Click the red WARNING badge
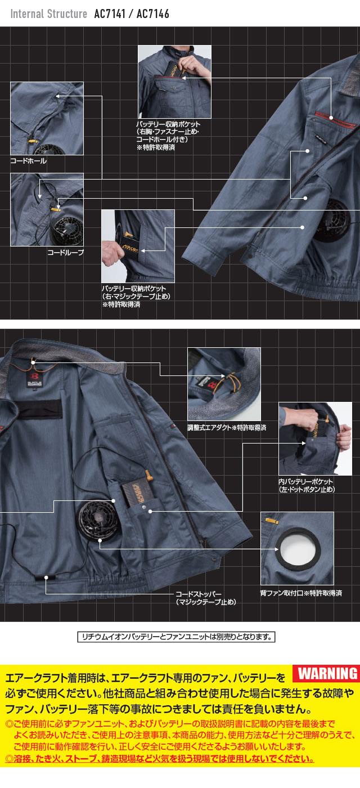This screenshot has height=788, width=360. coord(327,673)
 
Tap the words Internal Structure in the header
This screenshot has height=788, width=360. coord(49,14)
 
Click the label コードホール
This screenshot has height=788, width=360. coord(29,161)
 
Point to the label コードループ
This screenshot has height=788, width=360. coord(65,253)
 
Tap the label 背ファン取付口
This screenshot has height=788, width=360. coord(285,593)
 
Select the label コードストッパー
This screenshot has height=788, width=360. coord(199,594)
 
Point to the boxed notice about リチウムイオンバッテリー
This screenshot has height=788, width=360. coord(175,637)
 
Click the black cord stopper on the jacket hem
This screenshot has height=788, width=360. coord(46,577)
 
